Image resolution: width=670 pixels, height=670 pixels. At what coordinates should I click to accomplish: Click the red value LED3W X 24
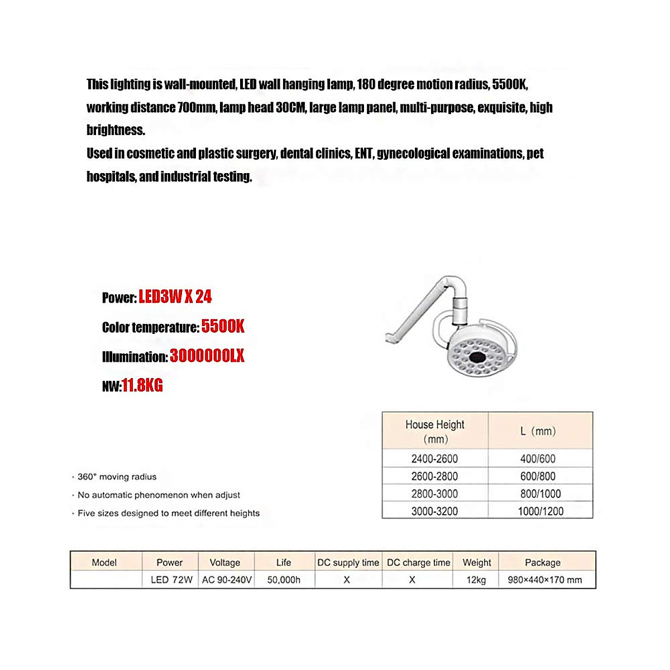175,296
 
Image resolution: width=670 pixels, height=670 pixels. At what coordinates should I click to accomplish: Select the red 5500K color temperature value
222,326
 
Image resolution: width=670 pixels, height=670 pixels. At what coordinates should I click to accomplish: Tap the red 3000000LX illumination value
207,356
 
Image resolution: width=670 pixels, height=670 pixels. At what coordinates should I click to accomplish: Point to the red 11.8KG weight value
142,385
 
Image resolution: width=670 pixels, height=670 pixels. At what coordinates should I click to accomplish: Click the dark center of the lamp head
477,357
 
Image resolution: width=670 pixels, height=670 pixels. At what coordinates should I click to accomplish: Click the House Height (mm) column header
434,431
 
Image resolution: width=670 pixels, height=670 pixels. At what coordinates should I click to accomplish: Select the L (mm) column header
538,431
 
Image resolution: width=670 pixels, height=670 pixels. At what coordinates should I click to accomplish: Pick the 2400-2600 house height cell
434,458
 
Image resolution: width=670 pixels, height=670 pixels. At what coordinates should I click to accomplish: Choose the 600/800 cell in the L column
538,476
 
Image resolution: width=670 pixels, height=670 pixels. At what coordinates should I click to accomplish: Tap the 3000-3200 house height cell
434,511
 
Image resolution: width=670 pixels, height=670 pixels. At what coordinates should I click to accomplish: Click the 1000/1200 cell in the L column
540,511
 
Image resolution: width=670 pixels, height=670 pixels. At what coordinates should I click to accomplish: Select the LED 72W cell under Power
171,580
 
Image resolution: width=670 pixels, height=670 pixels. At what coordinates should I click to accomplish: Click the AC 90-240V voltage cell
227,580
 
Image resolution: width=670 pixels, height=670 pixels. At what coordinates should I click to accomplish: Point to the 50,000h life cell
284,580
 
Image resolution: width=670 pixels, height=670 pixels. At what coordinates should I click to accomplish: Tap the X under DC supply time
347,580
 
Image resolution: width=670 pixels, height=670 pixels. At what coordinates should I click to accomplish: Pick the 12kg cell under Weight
476,580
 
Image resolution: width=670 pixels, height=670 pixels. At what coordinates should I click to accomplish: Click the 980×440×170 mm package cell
544,580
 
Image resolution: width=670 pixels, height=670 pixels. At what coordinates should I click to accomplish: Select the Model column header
104,562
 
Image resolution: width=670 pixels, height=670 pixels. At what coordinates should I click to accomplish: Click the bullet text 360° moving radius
117,477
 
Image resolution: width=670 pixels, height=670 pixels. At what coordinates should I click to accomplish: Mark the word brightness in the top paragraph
115,130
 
